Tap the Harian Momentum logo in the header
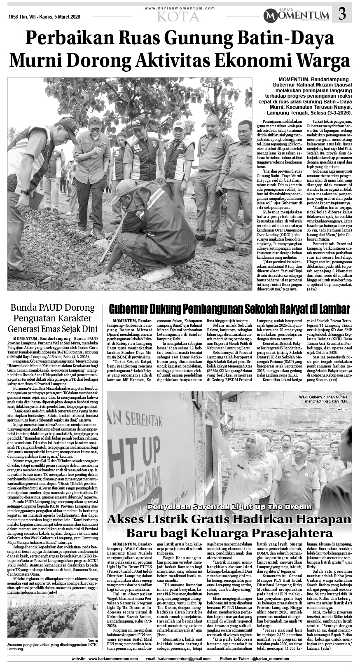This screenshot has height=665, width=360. pyautogui.click(x=297, y=15)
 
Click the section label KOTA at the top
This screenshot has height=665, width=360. pyautogui.click(x=178, y=17)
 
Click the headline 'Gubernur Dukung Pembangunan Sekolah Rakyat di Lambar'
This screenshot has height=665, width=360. pyautogui.click(x=229, y=309)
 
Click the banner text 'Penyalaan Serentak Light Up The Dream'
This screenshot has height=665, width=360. pyautogui.click(x=229, y=506)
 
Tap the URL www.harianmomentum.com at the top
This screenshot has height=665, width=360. pyautogui.click(x=180, y=8)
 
